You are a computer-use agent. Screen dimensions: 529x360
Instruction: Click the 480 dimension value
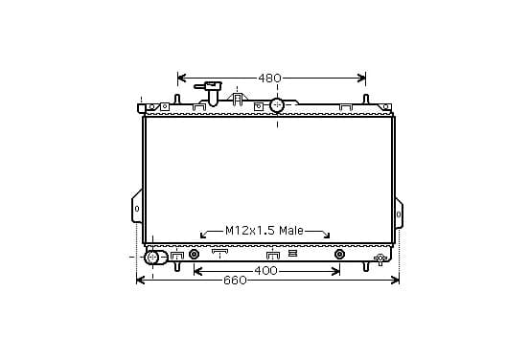[269, 79]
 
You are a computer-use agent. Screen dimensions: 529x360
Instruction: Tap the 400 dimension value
[265, 271]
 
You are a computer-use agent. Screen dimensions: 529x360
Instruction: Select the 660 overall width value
[235, 281]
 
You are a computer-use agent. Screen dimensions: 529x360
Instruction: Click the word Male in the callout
[291, 231]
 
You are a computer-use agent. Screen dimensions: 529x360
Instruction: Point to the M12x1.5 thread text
[251, 231]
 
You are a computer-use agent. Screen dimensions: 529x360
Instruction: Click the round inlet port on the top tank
[277, 105]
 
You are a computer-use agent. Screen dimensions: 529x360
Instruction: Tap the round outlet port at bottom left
[152, 258]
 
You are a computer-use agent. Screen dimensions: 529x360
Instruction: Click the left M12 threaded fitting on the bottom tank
[194, 254]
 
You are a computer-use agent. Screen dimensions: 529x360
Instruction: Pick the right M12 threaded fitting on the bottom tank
[340, 254]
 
